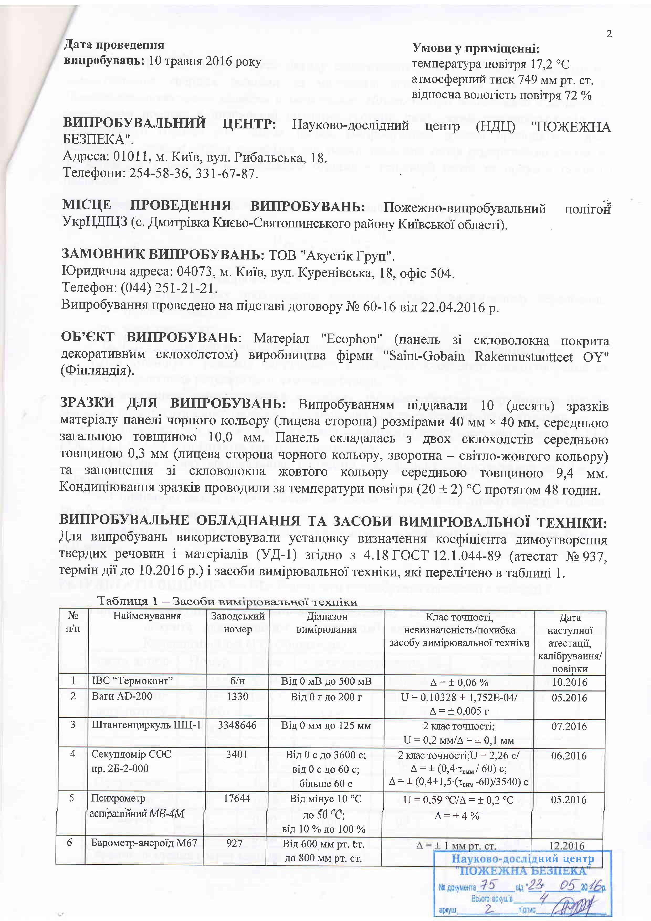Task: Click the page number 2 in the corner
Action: (x=609, y=34)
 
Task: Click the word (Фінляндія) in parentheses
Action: (x=97, y=371)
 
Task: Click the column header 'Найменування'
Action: (x=147, y=616)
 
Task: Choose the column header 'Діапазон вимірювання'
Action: (x=326, y=623)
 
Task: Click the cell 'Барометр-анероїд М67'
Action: (x=144, y=842)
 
